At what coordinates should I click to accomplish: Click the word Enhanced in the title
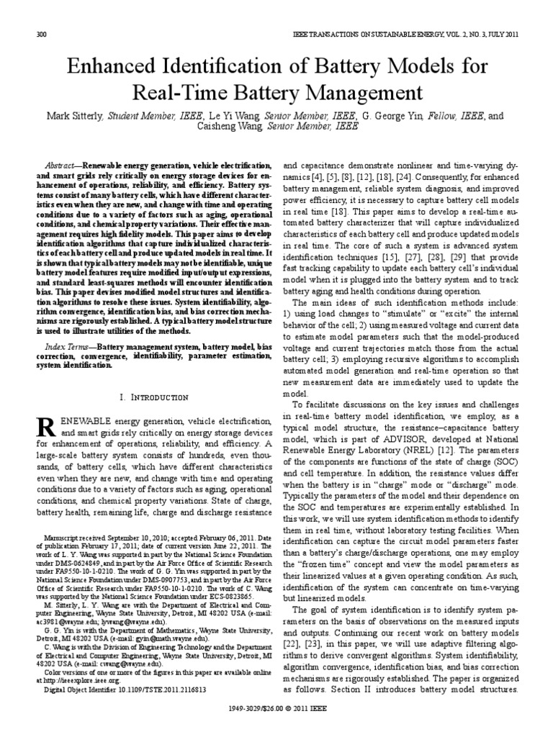112,68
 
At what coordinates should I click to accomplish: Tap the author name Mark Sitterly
76,115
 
